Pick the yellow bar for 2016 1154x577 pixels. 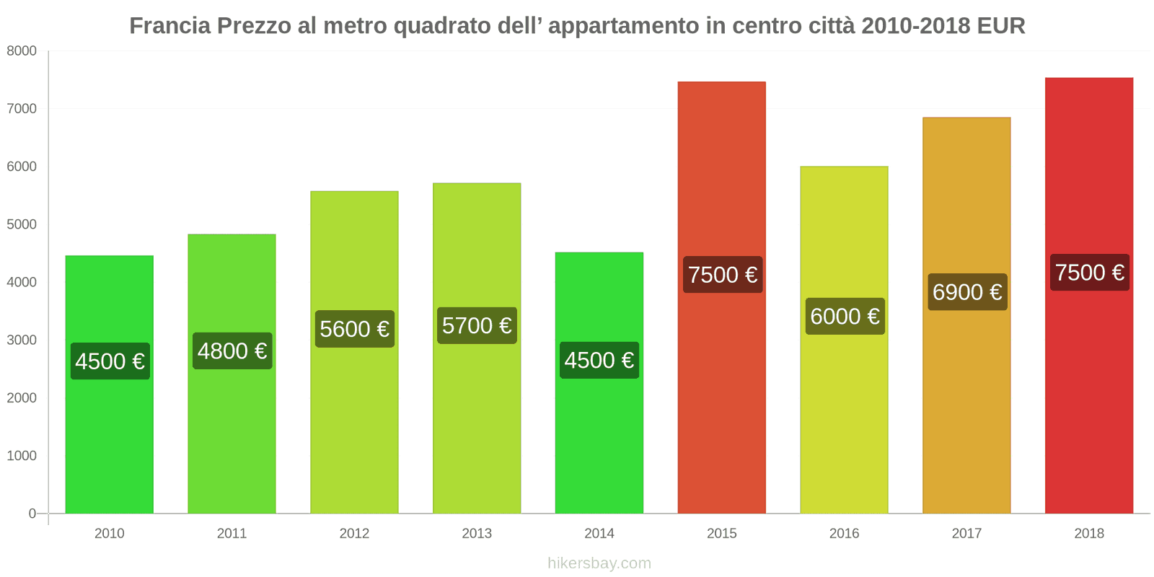[844, 418]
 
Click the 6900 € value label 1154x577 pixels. [966, 292]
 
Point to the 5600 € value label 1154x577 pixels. [354, 329]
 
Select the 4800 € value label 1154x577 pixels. [232, 351]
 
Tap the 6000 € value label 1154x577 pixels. [845, 316]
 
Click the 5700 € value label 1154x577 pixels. [477, 326]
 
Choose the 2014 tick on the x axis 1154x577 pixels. [599, 533]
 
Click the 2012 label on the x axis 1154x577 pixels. [354, 533]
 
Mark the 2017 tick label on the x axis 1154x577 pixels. [966, 533]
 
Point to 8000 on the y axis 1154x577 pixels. [22, 50]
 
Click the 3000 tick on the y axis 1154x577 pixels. [22, 340]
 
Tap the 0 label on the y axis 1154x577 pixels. [32, 514]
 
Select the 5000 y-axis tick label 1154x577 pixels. [22, 224]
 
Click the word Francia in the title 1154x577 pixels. [170, 26]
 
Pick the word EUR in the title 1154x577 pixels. [1001, 26]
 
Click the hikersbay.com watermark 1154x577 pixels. [599, 563]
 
